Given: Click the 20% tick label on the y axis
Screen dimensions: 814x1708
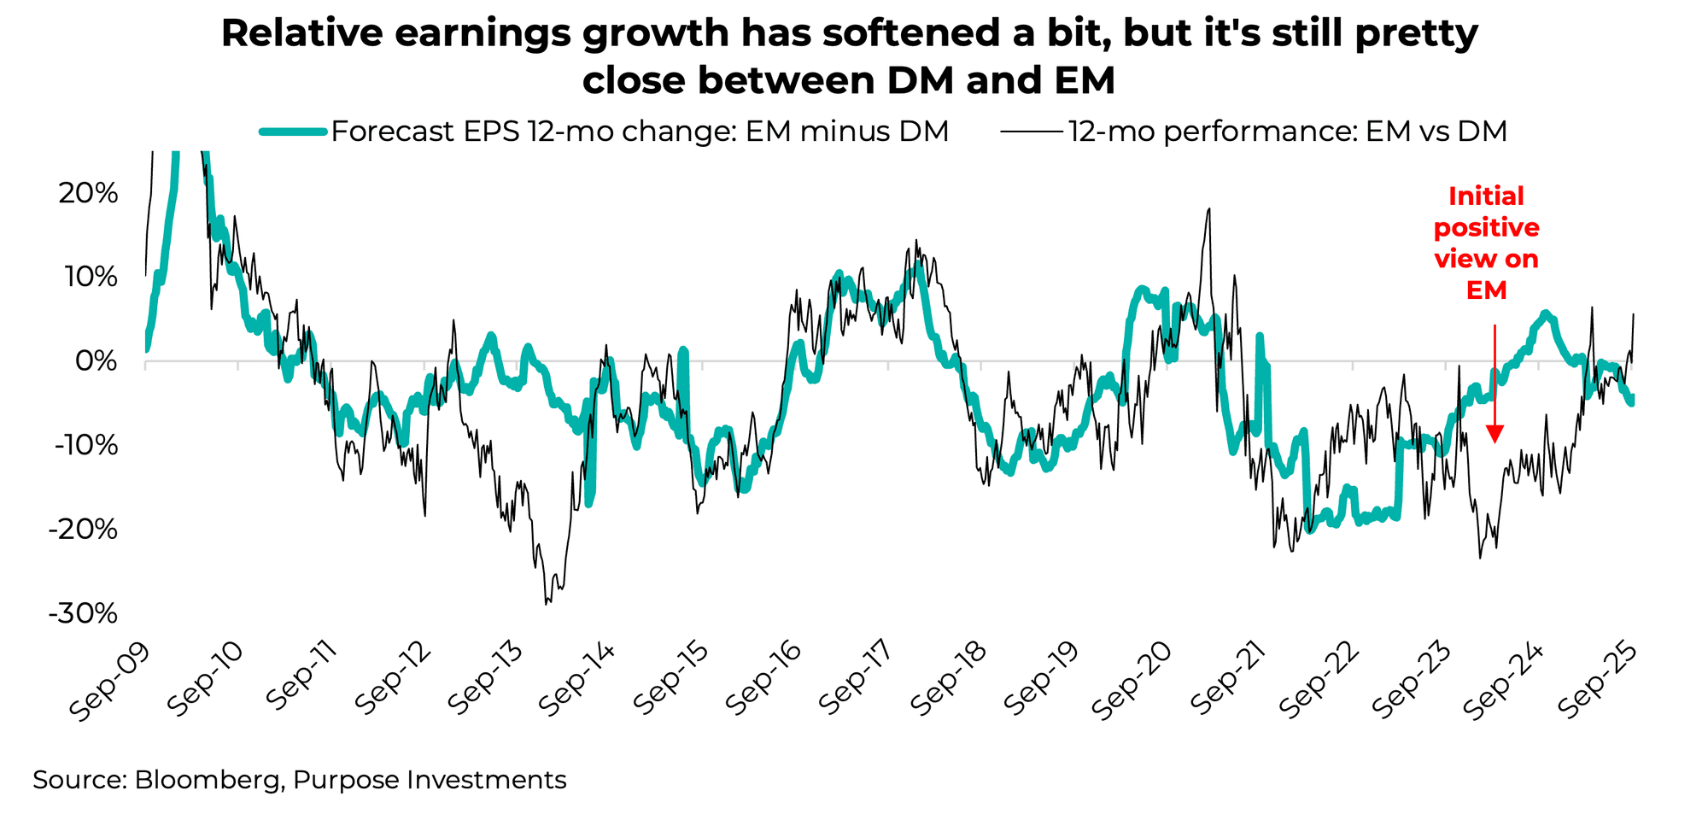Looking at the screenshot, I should click(88, 194).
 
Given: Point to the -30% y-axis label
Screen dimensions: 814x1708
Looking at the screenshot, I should click(83, 613).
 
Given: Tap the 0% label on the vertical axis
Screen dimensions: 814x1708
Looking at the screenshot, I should click(96, 361).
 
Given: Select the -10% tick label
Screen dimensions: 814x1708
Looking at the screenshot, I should click(83, 445).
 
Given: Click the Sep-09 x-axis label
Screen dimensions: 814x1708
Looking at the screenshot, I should click(108, 682).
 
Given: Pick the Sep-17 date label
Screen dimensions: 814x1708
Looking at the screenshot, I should click(853, 682).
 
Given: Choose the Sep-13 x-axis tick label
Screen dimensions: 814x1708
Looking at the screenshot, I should click(481, 682).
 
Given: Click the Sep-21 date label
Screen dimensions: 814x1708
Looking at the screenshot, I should click(1225, 682).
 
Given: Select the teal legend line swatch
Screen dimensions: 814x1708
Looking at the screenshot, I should click(292, 132).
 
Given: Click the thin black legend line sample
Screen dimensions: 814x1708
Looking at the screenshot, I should click(1032, 132).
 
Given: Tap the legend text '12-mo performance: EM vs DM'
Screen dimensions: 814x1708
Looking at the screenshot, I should click(1287, 132).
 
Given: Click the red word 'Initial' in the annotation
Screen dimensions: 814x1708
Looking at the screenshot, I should click(1486, 196).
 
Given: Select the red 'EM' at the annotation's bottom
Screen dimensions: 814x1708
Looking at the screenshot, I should click(1486, 290).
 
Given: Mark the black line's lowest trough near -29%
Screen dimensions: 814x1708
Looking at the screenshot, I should click(546, 604).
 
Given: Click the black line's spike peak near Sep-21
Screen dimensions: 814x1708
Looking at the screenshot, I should click(1208, 209).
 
